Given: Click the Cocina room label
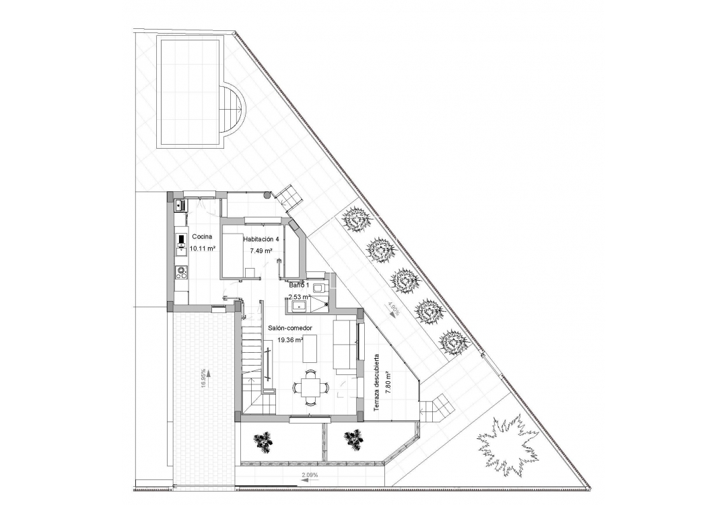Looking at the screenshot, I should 203,237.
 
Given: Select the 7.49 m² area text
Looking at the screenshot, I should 261,250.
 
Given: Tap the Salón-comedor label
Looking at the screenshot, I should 289,328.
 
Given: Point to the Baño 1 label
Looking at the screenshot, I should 299,285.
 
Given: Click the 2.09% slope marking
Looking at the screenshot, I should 310,476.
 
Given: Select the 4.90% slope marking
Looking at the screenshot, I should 394,310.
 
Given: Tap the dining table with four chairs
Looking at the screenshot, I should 310,387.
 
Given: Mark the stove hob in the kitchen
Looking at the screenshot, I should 180,272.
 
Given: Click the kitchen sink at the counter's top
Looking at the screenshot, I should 179,204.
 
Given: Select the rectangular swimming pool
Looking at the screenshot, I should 189,92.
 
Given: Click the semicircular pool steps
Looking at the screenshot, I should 232,109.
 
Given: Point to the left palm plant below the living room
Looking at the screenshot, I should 264,441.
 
